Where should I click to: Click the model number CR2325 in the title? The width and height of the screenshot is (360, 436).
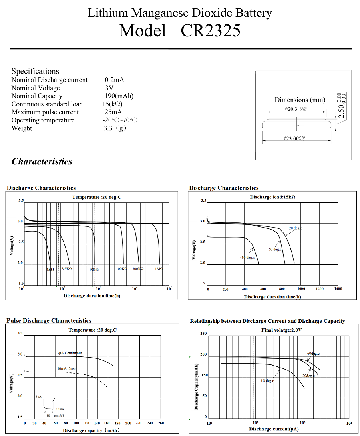click(x=211, y=31)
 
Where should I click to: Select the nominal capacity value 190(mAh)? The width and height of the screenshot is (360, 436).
click(x=119, y=96)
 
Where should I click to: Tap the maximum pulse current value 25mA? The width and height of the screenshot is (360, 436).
click(x=113, y=112)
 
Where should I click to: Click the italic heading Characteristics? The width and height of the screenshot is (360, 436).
click(x=42, y=162)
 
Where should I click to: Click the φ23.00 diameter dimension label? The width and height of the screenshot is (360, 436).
click(x=294, y=138)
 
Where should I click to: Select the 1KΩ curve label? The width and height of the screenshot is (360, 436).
click(x=50, y=269)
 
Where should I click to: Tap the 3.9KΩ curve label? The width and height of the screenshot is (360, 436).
click(x=67, y=269)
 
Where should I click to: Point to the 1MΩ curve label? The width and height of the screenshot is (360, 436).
click(x=159, y=269)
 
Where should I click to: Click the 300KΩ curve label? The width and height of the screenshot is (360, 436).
click(x=138, y=269)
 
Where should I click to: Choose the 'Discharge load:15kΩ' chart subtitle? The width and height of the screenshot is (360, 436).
click(x=272, y=197)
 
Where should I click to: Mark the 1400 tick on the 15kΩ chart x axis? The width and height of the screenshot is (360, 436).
click(x=338, y=288)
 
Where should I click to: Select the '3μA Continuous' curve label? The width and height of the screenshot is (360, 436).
click(x=70, y=353)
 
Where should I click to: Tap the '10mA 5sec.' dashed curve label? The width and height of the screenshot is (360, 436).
click(x=67, y=368)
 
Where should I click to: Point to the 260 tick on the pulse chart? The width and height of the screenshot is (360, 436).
click(x=161, y=423)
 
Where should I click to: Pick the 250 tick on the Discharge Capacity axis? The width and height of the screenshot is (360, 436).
click(x=203, y=333)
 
